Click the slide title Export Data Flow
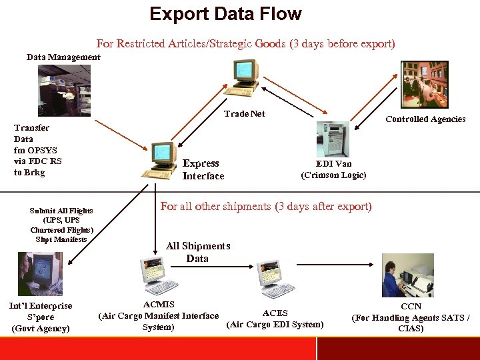[225, 14]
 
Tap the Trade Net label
[245, 114]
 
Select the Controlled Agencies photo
[424, 84]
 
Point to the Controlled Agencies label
[425, 119]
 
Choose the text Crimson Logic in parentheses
[333, 175]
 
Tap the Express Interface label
[203, 169]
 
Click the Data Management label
[63, 57]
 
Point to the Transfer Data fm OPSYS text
[37, 150]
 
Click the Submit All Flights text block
[61, 225]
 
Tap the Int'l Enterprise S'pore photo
[39, 273]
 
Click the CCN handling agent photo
[407, 275]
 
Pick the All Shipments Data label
[198, 252]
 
